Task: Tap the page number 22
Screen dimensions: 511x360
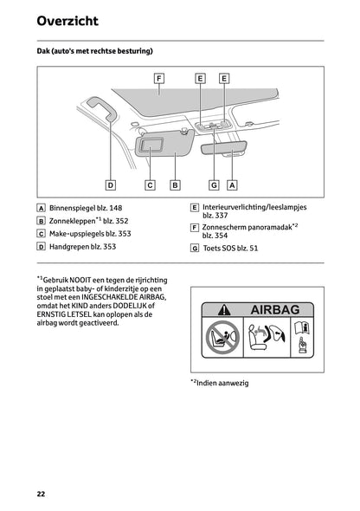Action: tap(41, 494)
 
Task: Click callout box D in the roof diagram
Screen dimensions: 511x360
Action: tap(111, 184)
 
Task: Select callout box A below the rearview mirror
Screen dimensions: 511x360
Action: tap(232, 184)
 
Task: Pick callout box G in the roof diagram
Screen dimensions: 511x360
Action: tap(213, 184)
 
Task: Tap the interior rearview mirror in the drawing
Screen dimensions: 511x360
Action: tap(226, 148)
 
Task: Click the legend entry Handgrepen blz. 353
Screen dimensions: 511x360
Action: tap(82, 247)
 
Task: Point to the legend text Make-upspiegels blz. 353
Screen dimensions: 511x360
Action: tap(90, 234)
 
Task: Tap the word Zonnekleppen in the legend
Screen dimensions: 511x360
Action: tap(70, 221)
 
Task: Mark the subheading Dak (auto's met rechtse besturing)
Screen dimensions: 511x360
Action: tap(94, 52)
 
